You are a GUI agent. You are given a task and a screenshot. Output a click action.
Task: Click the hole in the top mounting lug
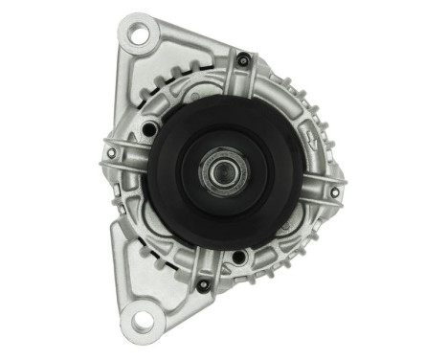(141, 37)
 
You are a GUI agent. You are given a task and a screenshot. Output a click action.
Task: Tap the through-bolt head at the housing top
(244, 62)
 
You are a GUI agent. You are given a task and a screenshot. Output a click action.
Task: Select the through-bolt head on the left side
(112, 153)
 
